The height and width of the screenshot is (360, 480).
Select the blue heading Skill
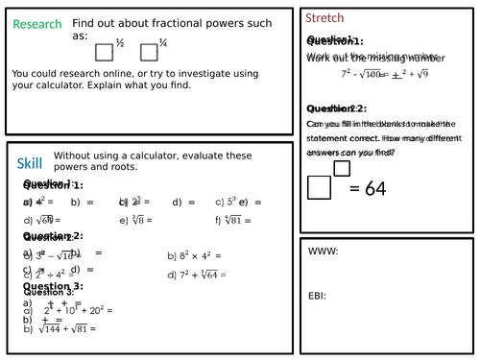pos(30,164)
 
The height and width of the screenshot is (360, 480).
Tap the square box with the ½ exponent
pos(105,53)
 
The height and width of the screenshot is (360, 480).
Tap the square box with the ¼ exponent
pos(150,53)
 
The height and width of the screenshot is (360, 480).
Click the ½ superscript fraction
pos(120,43)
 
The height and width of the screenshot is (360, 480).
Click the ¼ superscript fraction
pos(164,43)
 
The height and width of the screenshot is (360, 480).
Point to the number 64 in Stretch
pos(368,189)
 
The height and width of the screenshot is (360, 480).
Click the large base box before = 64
pos(319,188)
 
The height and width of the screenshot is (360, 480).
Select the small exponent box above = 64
pos(342,169)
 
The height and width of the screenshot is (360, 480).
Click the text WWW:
pos(324,252)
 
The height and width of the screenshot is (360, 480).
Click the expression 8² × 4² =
pos(195,256)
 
